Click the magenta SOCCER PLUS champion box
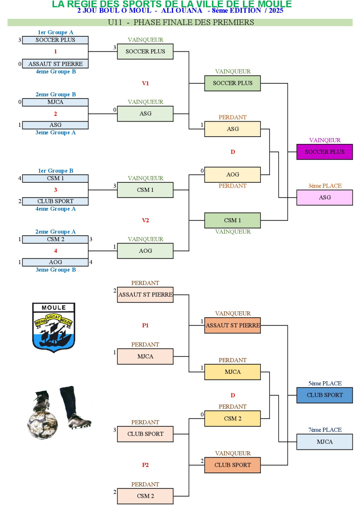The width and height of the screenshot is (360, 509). [x=324, y=152]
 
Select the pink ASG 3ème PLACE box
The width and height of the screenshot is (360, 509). [x=324, y=197]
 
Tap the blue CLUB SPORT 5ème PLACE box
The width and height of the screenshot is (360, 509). [x=324, y=395]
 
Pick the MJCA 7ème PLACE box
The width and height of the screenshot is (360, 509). [x=324, y=442]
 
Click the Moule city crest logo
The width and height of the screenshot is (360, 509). [x=54, y=327]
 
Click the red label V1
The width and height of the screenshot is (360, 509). [x=145, y=83]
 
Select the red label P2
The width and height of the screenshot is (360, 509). [x=145, y=465]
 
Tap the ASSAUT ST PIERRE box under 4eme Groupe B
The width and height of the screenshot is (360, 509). [x=55, y=64]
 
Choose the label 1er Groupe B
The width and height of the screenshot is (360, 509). [x=55, y=171]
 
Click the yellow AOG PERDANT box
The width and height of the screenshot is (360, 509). [x=232, y=174]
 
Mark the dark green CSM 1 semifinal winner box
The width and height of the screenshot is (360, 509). [x=232, y=220]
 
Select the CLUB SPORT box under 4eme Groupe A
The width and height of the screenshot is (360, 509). [x=55, y=201]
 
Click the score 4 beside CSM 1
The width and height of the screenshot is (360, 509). [x=20, y=178]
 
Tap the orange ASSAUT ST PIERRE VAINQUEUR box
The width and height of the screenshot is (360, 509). [x=232, y=325]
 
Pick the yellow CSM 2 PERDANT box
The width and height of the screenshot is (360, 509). [x=232, y=418]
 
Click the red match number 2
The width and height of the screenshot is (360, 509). [x=55, y=114]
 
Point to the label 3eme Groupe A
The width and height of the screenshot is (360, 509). [x=55, y=132]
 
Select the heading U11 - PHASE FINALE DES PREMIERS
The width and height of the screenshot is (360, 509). [x=181, y=22]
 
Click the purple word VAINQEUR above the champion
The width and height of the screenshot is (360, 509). [x=325, y=140]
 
